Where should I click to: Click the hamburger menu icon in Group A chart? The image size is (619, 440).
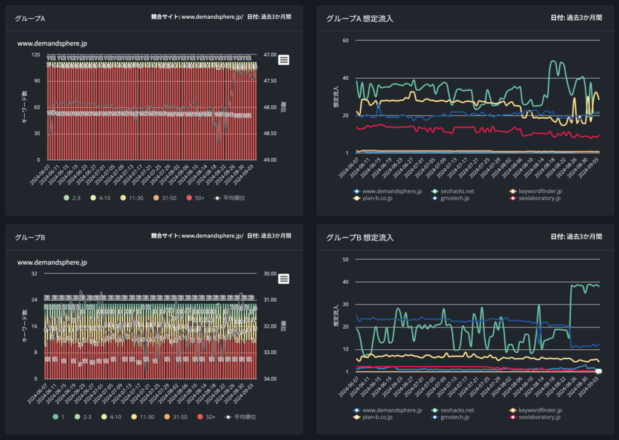point(284,59)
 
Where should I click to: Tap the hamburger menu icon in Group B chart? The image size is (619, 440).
point(284,278)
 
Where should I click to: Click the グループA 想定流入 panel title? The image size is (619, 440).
point(359,19)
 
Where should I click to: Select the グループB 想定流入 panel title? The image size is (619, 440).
point(359,238)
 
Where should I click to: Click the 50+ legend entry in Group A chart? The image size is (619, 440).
point(206,198)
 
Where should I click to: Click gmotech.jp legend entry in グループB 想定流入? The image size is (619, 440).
point(454,417)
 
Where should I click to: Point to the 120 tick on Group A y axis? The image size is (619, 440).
point(36,54)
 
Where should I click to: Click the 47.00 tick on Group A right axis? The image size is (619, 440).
point(270,54)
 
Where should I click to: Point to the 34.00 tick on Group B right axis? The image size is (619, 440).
point(270,379)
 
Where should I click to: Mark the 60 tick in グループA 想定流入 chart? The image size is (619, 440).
point(346,41)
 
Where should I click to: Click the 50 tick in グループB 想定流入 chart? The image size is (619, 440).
point(346,260)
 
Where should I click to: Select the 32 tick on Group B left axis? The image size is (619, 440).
point(34,274)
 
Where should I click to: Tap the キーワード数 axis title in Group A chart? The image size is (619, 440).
point(24,108)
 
